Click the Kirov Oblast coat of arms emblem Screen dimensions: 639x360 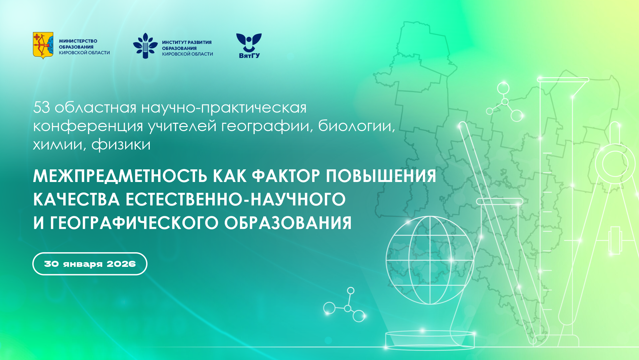tap(43, 46)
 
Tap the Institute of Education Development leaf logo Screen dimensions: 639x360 tap(145, 46)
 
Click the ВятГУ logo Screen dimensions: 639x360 tap(249, 46)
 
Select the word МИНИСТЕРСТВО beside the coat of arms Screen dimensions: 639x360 tap(78, 41)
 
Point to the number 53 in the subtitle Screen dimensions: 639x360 tap(42, 107)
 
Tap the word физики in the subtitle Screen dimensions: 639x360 tap(121, 145)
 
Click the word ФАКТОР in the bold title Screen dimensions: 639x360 tap(286, 176)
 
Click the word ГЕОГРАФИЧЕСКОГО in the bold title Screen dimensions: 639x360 tap(134, 223)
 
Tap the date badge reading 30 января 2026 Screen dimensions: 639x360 tap(90, 264)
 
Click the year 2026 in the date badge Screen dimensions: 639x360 tap(121, 264)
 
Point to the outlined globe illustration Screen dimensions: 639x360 tap(430, 260)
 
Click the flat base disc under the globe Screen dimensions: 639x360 tap(430, 340)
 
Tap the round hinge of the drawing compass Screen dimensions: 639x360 tap(615, 164)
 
